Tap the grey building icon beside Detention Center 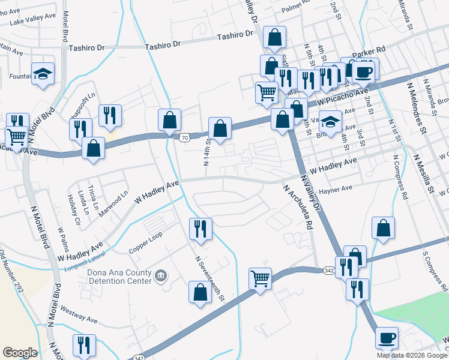pos(161,276)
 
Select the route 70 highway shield pos(184,137)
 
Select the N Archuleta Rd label pos(298,207)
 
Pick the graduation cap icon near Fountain pos(43,74)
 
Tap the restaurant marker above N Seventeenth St pos(200,229)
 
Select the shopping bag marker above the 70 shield pos(170,119)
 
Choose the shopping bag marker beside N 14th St pos(220,128)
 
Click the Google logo pos(20,353)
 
